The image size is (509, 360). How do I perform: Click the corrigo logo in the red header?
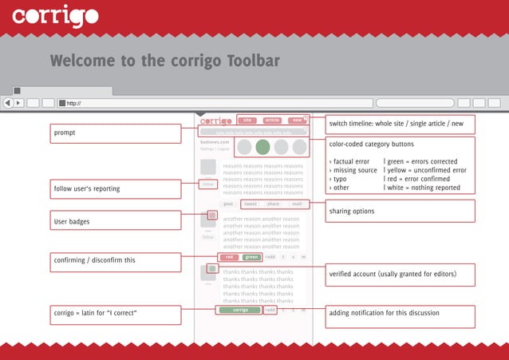(x=56, y=15)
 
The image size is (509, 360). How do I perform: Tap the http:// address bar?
(x=215, y=103)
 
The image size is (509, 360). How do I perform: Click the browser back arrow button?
(x=8, y=103)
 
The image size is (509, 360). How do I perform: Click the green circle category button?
(x=262, y=147)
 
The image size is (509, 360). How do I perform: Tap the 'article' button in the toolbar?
(x=272, y=120)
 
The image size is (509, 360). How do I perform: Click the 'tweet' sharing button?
(x=251, y=204)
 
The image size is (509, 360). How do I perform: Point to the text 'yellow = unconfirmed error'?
(x=426, y=170)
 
